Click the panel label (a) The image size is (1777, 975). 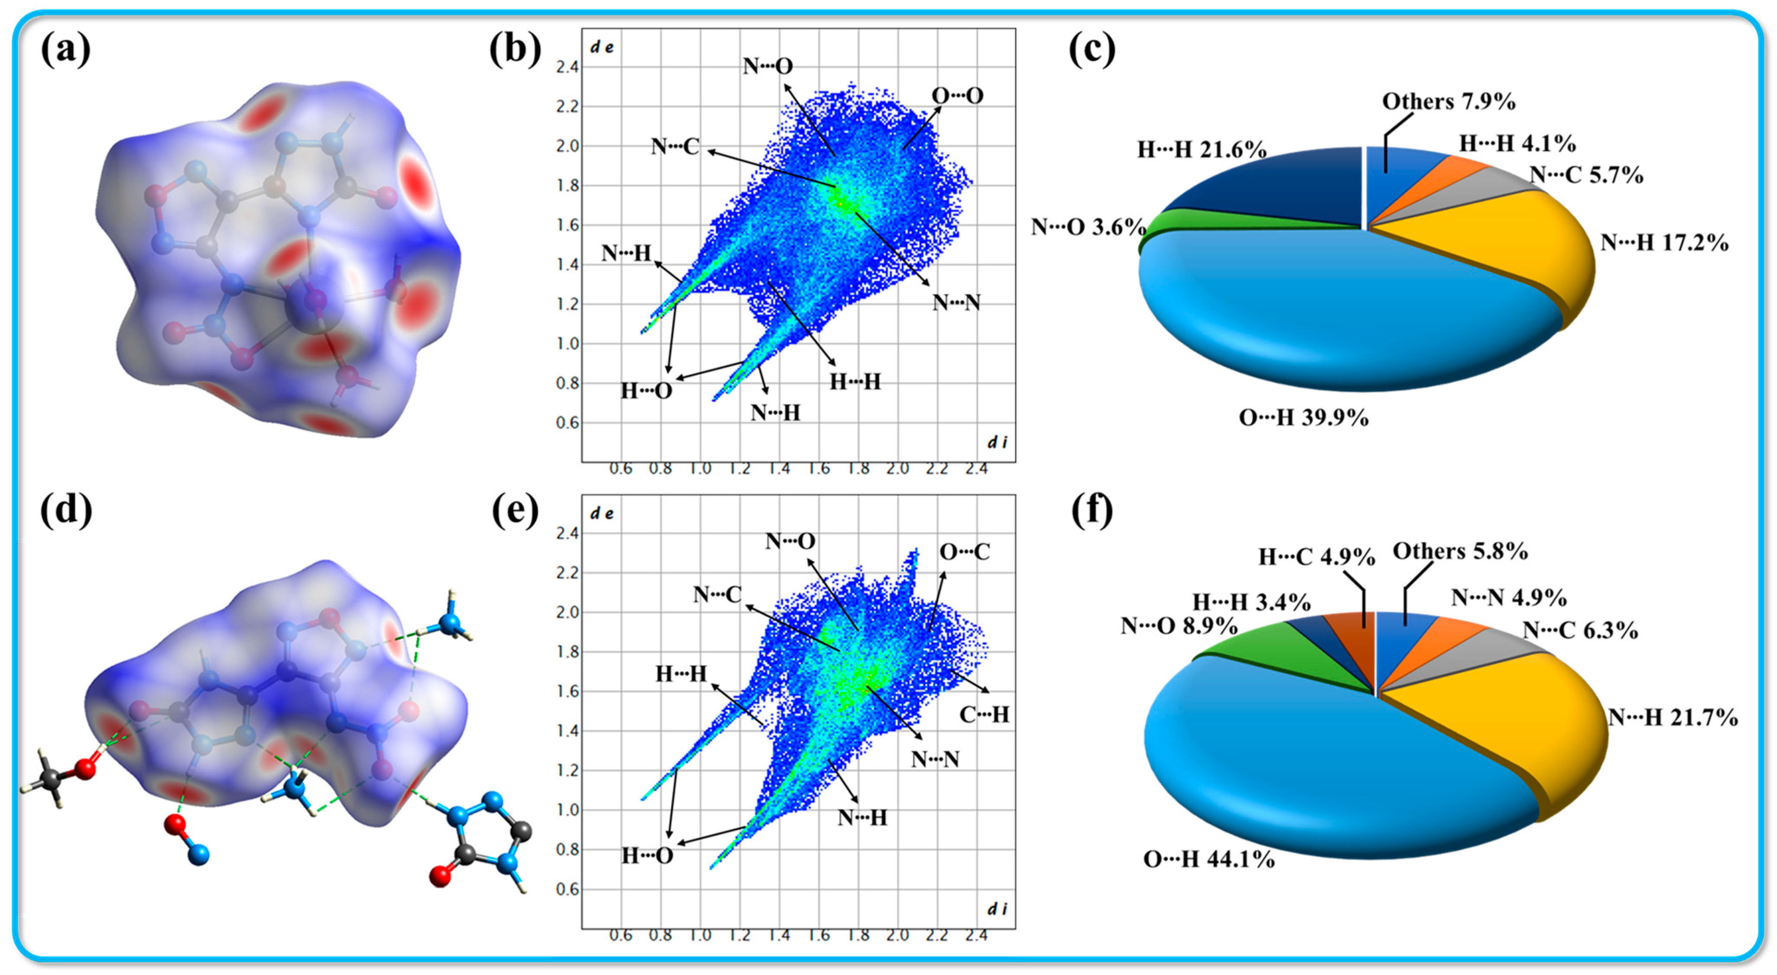pos(65,50)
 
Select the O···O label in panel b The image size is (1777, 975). pos(958,96)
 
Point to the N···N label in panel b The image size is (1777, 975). pos(956,302)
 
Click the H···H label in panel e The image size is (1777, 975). pos(681,673)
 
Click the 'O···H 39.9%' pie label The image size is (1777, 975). pos(1303,417)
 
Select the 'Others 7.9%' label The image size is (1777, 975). pos(1448,101)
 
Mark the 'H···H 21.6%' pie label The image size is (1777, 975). pos(1201,149)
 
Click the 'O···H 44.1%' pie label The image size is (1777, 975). pos(1208,859)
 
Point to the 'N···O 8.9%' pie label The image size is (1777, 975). pos(1178,625)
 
